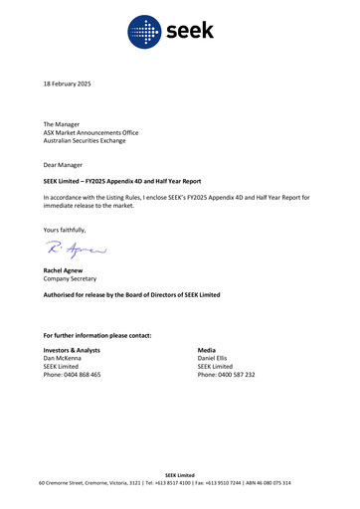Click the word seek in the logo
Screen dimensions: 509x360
pyautogui.click(x=188, y=33)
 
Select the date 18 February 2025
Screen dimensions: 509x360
pyautogui.click(x=67, y=85)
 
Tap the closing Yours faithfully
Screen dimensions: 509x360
pyautogui.click(x=65, y=230)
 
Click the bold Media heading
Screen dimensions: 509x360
pyautogui.click(x=207, y=351)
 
